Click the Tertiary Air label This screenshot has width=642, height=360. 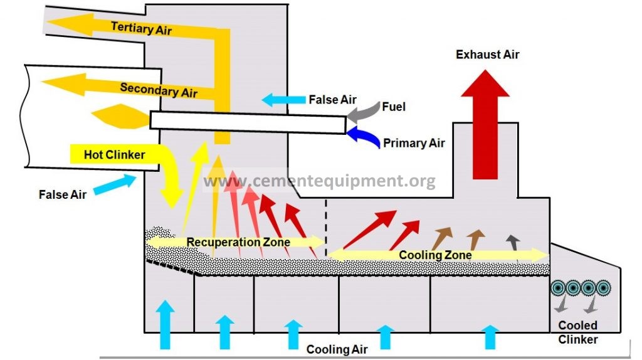pos(141,28)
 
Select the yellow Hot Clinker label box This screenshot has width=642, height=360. pos(115,154)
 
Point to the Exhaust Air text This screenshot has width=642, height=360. pos(487,55)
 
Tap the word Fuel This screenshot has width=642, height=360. pos(392,107)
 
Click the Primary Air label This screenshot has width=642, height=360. pos(414,143)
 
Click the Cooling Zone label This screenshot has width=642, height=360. pos(435,255)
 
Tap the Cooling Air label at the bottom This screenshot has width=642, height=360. pos(337,349)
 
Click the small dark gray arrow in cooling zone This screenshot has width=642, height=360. pos(513,241)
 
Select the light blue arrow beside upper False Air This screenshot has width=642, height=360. pos(282,99)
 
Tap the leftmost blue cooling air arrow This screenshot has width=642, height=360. pos(165,323)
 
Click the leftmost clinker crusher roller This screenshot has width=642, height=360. pos(557,288)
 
